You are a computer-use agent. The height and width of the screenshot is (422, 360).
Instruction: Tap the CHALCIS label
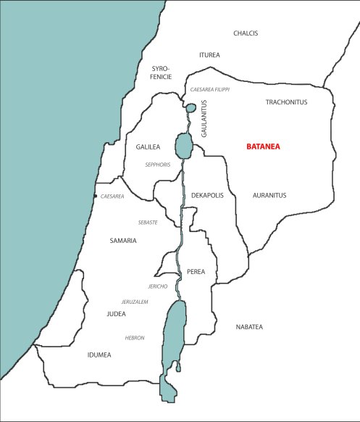[246, 33]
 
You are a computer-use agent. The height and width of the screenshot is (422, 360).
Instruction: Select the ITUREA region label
[209, 55]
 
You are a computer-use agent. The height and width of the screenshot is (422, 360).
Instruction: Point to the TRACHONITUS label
[286, 102]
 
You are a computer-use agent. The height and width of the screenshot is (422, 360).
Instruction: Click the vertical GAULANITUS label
[204, 119]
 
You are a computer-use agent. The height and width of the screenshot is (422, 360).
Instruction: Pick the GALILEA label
[148, 146]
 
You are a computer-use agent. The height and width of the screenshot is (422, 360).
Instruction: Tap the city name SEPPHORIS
[157, 165]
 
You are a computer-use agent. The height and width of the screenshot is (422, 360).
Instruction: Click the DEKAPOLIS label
[208, 196]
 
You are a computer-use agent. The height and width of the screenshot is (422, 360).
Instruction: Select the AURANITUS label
[270, 196]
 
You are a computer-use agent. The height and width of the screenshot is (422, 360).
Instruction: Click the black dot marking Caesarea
[95, 196]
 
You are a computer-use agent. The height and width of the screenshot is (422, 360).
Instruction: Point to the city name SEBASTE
[148, 222]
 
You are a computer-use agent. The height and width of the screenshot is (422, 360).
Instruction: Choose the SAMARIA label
[122, 241]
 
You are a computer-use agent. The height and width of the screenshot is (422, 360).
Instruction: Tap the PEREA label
[196, 272]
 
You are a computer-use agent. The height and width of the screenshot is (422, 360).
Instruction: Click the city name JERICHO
[157, 286]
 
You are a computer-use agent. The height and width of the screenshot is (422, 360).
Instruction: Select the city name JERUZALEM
[135, 301]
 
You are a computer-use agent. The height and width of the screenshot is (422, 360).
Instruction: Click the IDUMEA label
[99, 355]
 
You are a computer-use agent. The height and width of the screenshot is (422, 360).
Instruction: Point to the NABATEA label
[249, 327]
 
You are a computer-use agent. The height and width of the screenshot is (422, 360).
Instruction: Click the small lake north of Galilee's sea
[191, 108]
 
